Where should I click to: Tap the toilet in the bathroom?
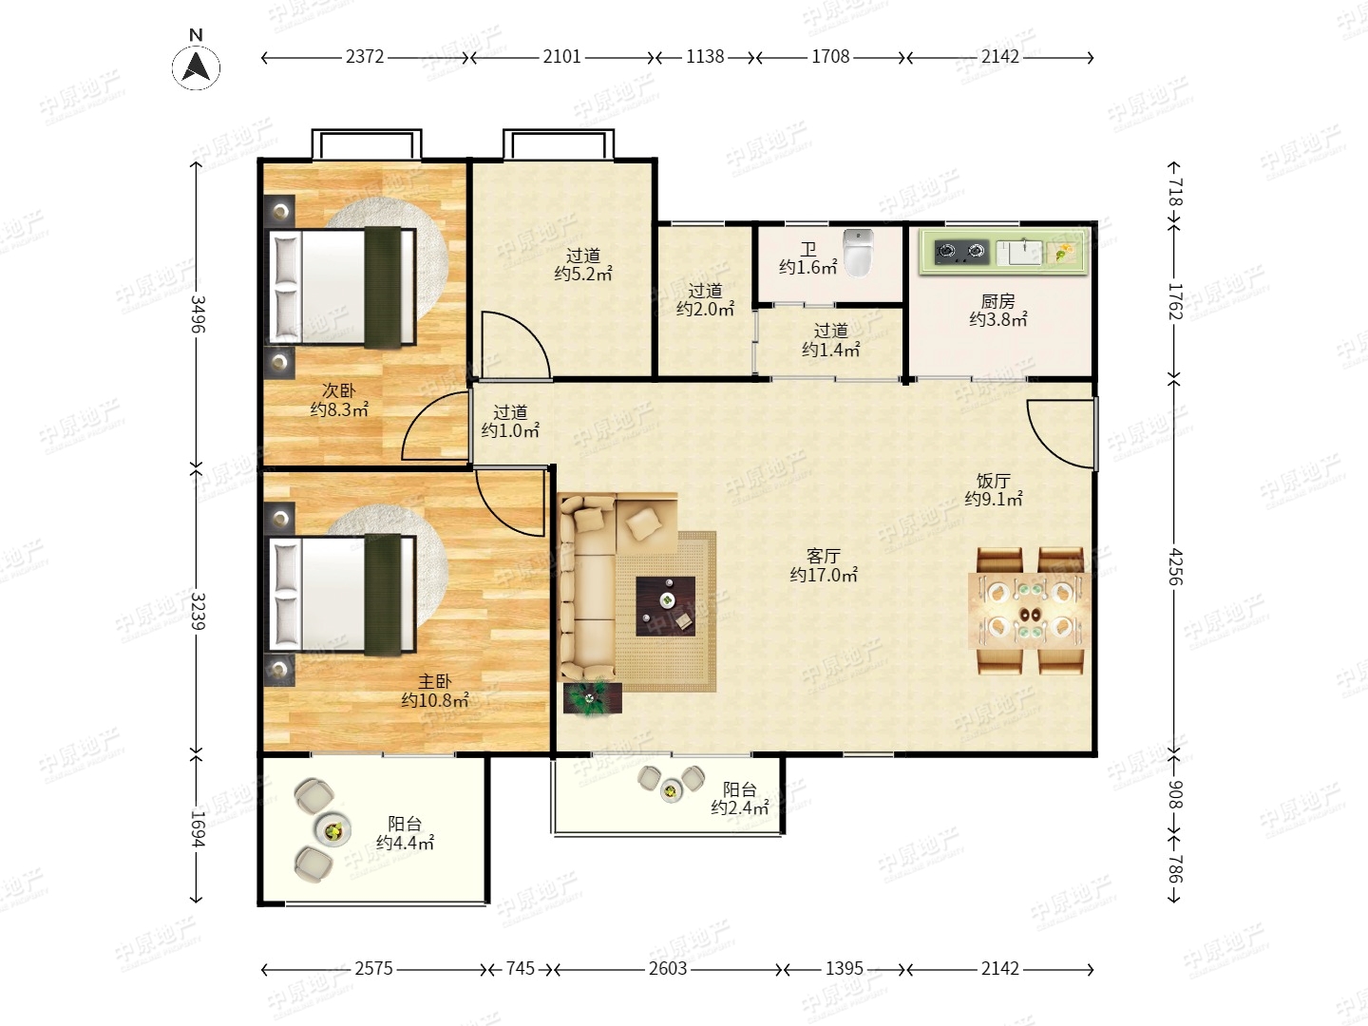858,253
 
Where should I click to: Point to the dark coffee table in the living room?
666,606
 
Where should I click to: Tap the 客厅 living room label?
824,556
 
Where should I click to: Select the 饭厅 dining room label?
994,481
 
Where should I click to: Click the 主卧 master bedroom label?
434,681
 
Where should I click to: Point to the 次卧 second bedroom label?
339,390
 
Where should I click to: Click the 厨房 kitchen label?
997,301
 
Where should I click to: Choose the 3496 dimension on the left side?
198,313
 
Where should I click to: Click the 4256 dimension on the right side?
1175,567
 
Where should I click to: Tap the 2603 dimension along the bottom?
668,969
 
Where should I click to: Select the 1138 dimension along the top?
705,57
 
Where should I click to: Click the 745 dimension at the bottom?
520,969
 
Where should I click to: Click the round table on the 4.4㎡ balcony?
333,830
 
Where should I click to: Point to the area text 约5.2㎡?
583,274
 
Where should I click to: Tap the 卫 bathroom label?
808,249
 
